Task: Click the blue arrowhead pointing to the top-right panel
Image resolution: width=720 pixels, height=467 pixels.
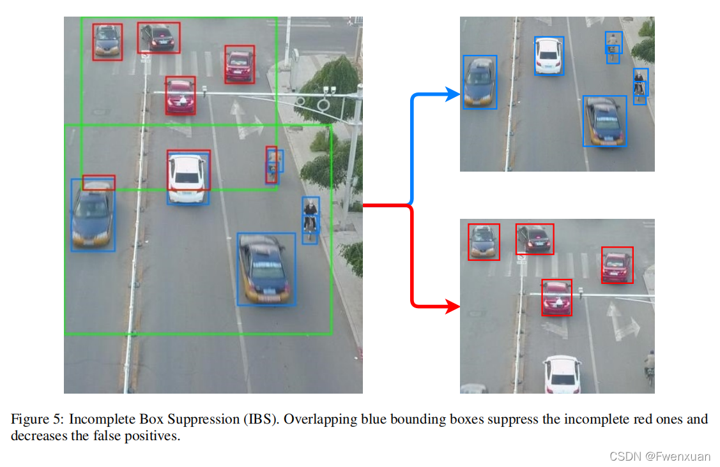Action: tap(454, 95)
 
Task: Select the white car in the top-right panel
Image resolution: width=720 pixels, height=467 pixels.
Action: tap(549, 56)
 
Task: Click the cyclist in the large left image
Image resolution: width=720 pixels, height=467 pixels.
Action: tap(310, 219)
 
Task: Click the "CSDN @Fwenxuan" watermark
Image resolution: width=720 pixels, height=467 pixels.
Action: tap(660, 456)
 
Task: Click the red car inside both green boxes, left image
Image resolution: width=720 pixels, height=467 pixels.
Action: tap(181, 96)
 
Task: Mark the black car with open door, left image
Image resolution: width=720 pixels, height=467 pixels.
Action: tap(158, 38)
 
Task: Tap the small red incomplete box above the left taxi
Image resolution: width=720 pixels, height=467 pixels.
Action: tap(98, 182)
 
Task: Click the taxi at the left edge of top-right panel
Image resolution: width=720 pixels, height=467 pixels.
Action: tap(480, 82)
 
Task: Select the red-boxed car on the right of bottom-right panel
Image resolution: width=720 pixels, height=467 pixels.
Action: tap(617, 265)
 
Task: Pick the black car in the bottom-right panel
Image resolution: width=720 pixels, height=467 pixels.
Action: tap(535, 238)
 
